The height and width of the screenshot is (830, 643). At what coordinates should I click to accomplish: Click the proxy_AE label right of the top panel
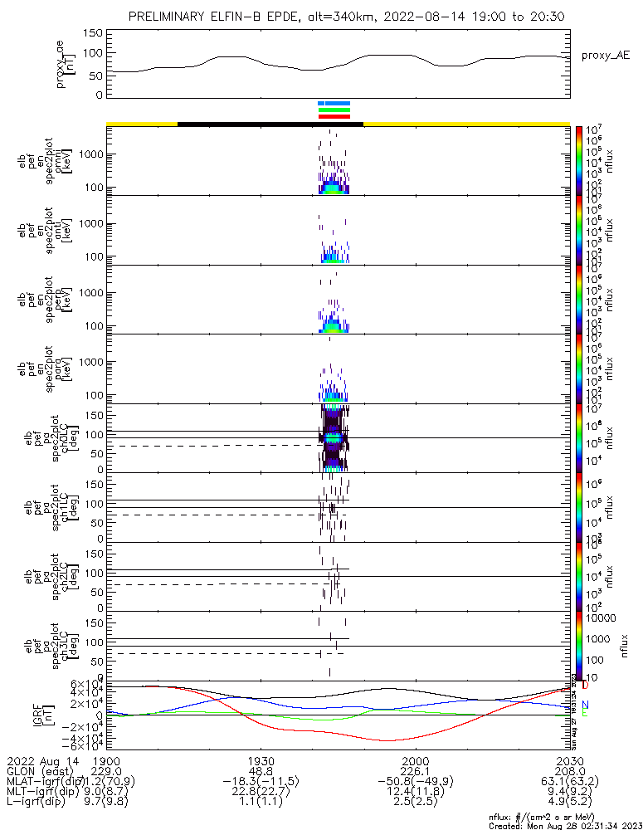pos(606,55)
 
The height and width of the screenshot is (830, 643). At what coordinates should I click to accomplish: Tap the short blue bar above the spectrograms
pos(334,104)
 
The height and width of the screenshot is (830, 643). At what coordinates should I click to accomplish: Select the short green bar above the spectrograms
pos(334,110)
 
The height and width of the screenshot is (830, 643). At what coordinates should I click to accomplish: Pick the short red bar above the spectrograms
pos(334,116)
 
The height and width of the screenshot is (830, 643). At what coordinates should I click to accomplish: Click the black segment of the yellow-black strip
pos(270,124)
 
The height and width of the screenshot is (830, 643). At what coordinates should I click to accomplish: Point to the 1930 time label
pos(261,760)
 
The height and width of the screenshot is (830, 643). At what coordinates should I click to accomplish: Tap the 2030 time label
pos(569,760)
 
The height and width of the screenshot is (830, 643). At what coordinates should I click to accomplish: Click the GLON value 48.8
pos(261,771)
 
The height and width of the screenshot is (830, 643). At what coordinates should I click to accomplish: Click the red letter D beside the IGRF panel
pos(585,686)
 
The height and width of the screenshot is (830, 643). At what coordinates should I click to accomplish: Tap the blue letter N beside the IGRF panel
pos(585,705)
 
